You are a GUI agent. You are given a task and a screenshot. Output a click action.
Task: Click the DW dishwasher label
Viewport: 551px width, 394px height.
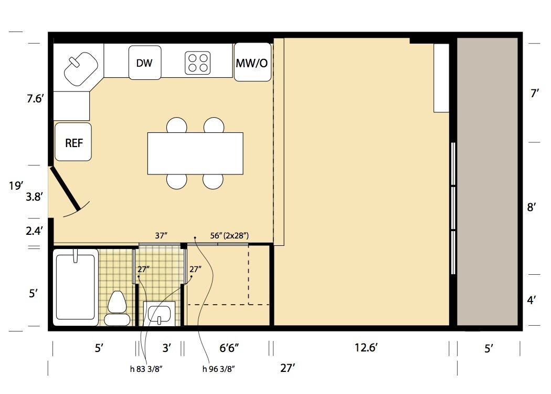[x=144, y=63]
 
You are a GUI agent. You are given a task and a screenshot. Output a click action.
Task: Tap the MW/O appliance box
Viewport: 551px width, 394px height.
[x=252, y=62]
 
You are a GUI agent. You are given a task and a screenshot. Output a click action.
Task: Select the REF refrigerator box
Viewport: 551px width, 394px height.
[x=73, y=142]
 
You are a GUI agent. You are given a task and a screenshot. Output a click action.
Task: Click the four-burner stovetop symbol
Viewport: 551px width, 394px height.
[x=198, y=63]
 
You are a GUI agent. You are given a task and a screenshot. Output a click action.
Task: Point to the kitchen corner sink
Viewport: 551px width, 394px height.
[x=80, y=69]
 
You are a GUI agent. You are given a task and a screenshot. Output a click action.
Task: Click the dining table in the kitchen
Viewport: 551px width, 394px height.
[x=195, y=153]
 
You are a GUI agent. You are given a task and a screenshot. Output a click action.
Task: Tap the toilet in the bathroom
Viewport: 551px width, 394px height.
[x=117, y=308]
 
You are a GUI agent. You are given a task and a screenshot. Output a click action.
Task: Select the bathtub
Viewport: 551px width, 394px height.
[x=76, y=287]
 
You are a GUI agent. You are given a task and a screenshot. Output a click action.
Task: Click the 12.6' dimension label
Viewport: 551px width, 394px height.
[x=365, y=348]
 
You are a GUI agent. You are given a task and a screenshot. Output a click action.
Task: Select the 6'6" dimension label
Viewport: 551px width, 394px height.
[x=229, y=348]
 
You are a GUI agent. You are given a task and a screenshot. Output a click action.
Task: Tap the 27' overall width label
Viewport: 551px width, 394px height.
[x=288, y=368]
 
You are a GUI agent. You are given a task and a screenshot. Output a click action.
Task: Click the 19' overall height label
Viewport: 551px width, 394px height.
[x=16, y=185]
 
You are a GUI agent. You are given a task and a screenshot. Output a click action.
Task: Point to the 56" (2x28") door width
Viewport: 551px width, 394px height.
[x=229, y=236]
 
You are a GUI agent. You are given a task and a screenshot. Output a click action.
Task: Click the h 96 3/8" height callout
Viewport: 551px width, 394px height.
[x=219, y=369]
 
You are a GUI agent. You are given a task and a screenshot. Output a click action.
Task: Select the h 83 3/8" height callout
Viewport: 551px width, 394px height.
[x=146, y=369]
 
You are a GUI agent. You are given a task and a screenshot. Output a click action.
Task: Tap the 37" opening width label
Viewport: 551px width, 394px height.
[x=161, y=236]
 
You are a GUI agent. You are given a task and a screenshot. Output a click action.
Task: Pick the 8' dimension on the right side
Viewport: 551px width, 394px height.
[x=531, y=207]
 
